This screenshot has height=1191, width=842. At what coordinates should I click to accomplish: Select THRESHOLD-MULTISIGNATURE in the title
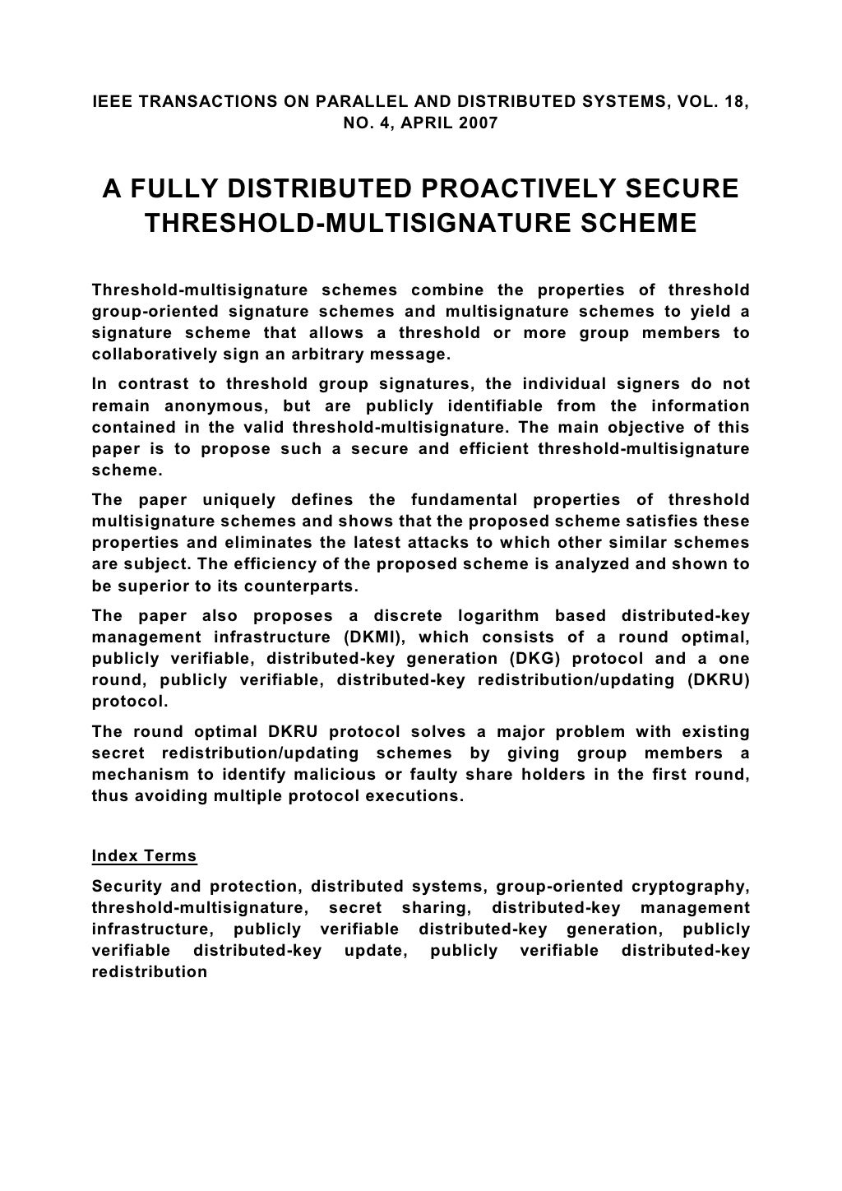point(353,223)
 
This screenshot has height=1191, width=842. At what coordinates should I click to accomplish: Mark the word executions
point(411,796)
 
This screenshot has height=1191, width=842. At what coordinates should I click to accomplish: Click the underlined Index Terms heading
point(145,855)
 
